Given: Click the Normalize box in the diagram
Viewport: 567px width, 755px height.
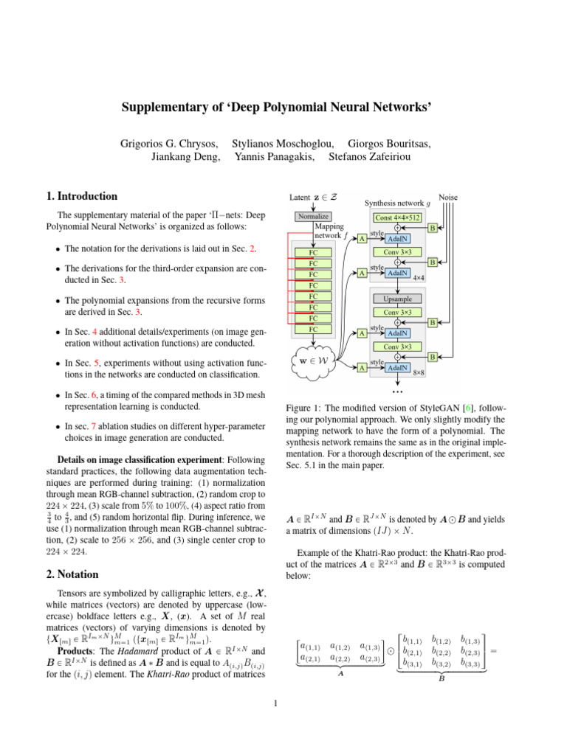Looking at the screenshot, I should [314, 216].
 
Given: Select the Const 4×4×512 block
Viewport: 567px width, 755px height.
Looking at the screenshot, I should [398, 218].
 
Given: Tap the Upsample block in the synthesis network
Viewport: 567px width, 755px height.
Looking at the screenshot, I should [398, 299].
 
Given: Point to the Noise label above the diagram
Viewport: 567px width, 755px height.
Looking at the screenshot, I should [447, 198].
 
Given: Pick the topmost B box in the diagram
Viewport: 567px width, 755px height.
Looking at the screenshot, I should [433, 228].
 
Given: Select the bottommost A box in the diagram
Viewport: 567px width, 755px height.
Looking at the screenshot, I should [361, 367].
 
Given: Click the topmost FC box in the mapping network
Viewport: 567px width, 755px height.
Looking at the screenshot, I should [314, 251].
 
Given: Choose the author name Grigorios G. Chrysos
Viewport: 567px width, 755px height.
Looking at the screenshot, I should [169, 142].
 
